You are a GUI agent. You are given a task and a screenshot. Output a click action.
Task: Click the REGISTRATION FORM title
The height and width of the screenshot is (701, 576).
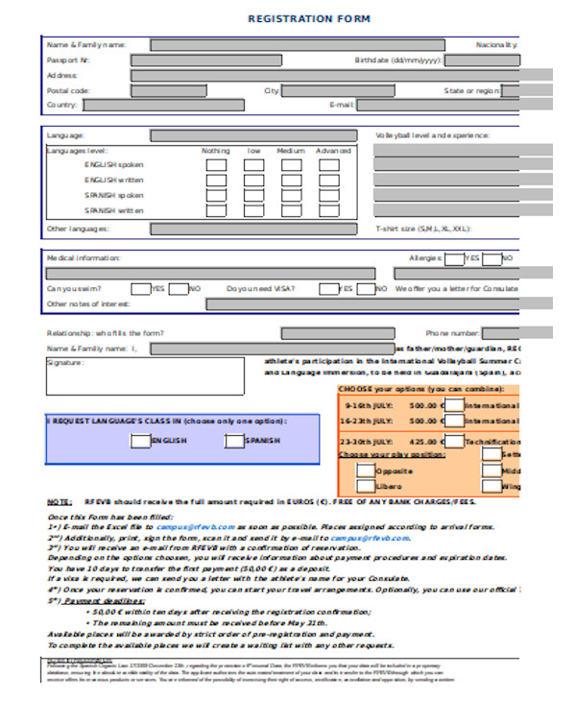[x=309, y=19]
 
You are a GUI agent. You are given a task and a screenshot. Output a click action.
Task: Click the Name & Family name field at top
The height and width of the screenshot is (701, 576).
[x=298, y=44]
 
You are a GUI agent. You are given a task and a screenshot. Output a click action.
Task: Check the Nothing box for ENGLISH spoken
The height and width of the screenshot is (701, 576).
[x=217, y=165]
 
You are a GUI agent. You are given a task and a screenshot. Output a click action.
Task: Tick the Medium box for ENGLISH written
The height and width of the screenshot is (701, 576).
[x=291, y=181]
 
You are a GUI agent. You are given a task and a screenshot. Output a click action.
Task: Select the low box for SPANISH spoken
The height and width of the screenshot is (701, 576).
[x=253, y=195]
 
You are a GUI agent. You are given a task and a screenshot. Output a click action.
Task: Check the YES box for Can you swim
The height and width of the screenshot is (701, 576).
[x=141, y=288]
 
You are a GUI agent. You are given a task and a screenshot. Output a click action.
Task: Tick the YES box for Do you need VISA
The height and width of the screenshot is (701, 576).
[x=328, y=288]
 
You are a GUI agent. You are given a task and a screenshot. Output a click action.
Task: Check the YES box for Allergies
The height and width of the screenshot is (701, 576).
[x=453, y=258]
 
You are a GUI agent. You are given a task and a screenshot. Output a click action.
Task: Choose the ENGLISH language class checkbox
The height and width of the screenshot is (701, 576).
[x=140, y=441]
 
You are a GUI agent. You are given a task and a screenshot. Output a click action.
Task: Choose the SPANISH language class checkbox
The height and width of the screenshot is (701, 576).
[x=233, y=441]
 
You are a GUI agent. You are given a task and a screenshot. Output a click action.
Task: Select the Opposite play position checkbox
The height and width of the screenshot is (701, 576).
[x=366, y=471]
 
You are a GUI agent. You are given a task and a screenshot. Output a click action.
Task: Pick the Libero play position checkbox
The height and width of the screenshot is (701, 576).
[x=366, y=488]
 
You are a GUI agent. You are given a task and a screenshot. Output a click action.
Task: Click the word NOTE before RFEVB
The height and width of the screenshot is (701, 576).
[x=59, y=502]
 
